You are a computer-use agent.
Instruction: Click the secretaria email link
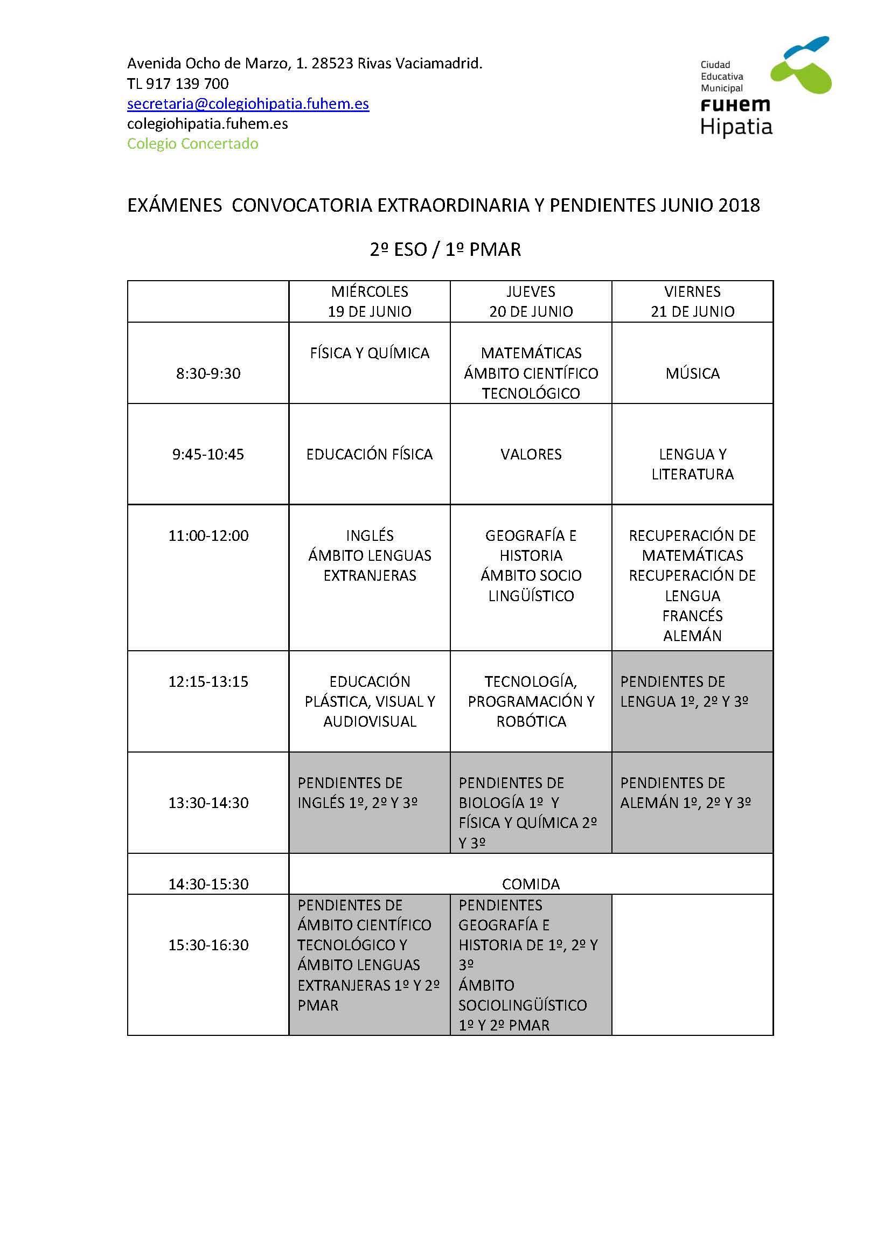click(248, 104)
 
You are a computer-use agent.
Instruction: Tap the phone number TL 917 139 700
click(178, 83)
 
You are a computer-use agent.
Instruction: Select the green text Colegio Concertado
click(192, 144)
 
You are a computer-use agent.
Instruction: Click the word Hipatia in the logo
click(736, 127)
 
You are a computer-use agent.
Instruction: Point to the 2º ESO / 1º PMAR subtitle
click(445, 250)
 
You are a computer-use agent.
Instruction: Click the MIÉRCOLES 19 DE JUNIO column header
click(369, 301)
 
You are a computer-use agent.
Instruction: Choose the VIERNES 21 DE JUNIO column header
click(692, 301)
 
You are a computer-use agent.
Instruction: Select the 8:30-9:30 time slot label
click(208, 374)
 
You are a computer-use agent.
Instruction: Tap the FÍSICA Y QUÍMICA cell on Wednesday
click(369, 353)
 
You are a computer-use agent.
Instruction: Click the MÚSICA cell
click(692, 374)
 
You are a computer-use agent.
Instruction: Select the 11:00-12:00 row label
click(208, 535)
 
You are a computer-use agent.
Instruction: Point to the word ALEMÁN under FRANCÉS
click(692, 636)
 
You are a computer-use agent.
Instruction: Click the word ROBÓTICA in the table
click(531, 721)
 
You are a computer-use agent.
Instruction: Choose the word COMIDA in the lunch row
click(531, 884)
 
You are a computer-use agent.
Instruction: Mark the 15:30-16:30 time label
click(208, 945)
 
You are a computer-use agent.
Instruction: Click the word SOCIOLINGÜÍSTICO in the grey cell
click(523, 1005)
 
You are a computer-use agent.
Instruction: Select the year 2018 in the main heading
click(739, 205)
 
